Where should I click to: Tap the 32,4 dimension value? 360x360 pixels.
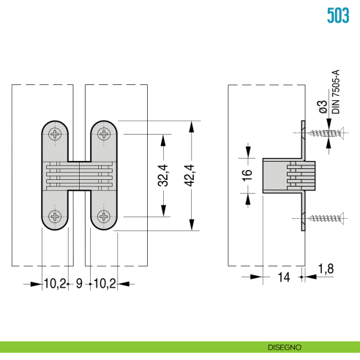point(163,176)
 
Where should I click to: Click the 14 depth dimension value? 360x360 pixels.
point(283,277)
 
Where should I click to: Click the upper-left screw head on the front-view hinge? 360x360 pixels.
point(56,134)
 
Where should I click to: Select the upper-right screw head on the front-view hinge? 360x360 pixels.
point(104,134)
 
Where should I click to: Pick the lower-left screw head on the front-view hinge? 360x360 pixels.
point(56,217)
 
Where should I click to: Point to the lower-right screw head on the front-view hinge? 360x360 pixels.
point(104,217)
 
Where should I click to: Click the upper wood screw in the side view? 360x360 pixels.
point(321,133)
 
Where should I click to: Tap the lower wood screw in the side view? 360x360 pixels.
point(321,217)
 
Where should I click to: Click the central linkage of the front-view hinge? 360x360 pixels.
point(79,176)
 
